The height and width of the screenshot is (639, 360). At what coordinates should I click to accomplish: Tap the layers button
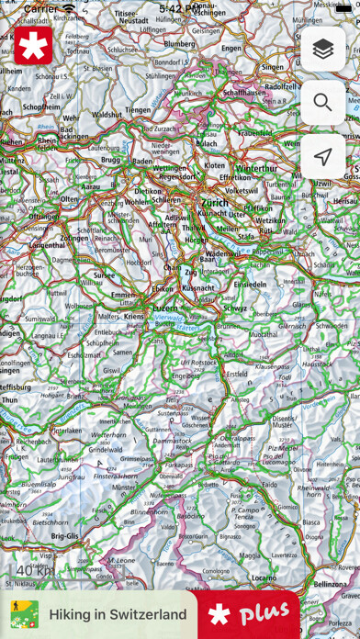coord(322,49)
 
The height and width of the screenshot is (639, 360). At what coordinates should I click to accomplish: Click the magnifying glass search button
coord(322,103)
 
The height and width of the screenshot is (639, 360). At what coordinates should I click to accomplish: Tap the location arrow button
coord(322,157)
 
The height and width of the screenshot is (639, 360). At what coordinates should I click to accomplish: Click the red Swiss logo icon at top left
coord(34,46)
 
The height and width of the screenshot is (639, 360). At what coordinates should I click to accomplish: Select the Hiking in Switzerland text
coord(118,614)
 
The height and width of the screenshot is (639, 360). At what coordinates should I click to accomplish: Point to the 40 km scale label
coord(34,571)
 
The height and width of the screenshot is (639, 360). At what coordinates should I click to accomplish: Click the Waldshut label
coord(107,115)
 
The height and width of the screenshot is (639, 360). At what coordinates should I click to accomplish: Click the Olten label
coord(70,199)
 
